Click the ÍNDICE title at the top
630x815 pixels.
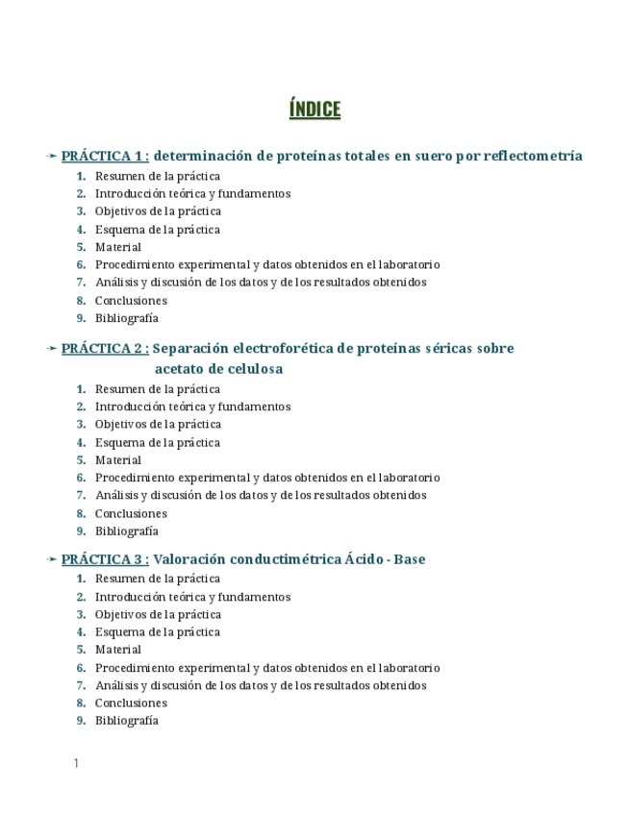(315, 110)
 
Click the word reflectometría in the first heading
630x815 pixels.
(533, 156)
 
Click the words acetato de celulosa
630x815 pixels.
(218, 369)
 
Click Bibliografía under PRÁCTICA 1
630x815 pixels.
(126, 318)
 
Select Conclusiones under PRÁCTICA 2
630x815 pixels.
(131, 513)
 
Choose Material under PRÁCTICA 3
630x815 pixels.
(117, 650)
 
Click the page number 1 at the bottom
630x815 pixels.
(75, 763)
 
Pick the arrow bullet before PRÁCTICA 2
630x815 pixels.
(51, 349)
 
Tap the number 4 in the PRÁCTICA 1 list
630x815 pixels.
(82, 230)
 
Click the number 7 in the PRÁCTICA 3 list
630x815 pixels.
(82, 685)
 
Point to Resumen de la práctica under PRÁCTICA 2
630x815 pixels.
(157, 389)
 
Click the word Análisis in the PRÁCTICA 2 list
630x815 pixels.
(116, 495)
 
